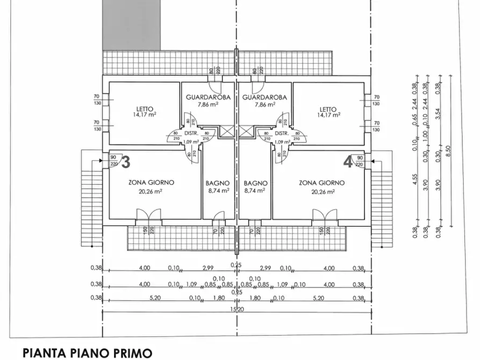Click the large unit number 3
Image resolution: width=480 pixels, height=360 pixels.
126,161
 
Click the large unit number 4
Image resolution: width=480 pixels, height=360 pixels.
348,161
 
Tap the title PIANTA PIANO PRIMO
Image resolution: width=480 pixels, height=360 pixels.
88,352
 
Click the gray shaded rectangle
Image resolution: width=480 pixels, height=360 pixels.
131,25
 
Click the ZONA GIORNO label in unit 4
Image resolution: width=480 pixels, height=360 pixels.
321,183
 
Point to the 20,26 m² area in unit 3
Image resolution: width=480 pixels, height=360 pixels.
151,190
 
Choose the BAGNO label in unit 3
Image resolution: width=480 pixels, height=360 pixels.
218,183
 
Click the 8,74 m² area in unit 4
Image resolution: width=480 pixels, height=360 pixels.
255,190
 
